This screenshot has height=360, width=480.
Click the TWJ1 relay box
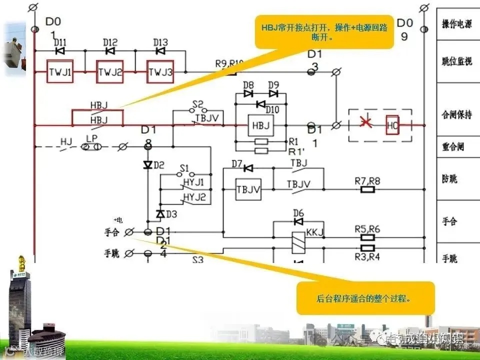click(60, 72)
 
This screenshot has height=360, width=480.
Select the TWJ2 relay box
click(110, 72)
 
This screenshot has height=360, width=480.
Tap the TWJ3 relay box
click(160, 72)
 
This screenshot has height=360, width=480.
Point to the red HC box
click(392, 125)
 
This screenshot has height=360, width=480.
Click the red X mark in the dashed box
click(365, 124)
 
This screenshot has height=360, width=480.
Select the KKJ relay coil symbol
click(298, 242)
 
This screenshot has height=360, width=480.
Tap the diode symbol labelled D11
click(60, 50)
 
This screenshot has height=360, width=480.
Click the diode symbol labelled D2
click(147, 164)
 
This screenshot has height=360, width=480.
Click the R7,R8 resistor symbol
click(368, 189)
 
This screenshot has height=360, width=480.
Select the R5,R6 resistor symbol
click(368, 237)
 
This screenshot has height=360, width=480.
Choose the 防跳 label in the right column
click(449, 179)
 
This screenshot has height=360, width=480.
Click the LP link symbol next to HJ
click(91, 146)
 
